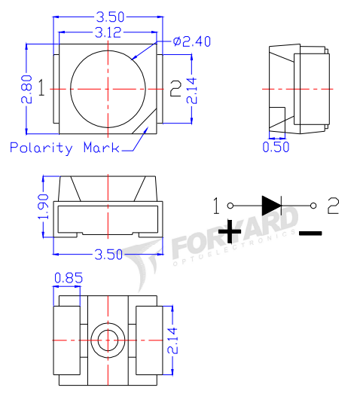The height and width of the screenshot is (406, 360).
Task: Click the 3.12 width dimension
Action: [110, 32]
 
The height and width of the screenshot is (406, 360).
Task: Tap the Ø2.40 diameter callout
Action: [192, 41]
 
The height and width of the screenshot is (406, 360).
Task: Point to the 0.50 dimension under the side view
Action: [275, 147]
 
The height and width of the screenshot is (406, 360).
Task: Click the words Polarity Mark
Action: [63, 148]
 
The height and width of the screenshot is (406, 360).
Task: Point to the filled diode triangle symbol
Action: [271, 204]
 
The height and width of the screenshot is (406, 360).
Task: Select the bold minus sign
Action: [310, 233]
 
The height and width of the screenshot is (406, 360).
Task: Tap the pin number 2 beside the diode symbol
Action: [334, 203]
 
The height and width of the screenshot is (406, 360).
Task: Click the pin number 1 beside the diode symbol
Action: [216, 204]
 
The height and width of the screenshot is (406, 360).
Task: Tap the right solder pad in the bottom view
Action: [148, 340]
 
